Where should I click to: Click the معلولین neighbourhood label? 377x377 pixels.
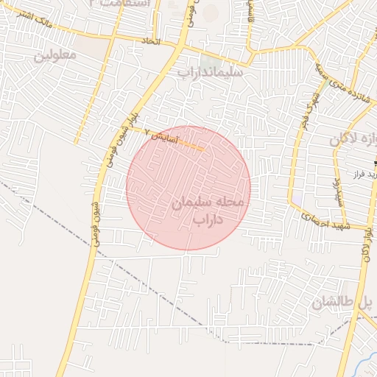pyautogui.click(x=55, y=55)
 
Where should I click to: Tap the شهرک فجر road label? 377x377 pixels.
pyautogui.click(x=304, y=111)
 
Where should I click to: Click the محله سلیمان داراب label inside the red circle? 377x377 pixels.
pyautogui.click(x=211, y=210)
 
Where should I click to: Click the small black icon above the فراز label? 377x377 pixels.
pyautogui.click(x=375, y=161)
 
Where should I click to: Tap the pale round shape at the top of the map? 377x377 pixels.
pyautogui.click(x=211, y=12)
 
